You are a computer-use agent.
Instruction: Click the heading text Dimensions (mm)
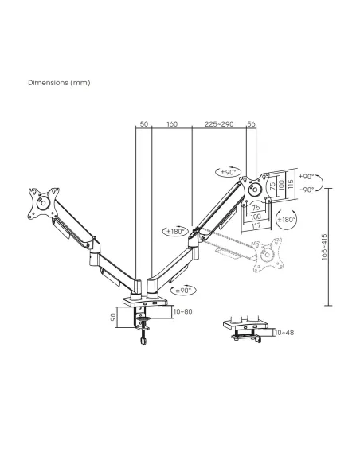point(59,83)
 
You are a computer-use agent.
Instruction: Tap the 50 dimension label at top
point(144,123)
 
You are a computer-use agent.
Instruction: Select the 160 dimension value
point(172,123)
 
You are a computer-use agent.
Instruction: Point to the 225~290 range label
point(219,123)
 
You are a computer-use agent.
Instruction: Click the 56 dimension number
point(251,123)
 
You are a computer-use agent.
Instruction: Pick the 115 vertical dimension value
point(291,184)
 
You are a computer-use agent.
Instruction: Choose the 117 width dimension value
point(256,225)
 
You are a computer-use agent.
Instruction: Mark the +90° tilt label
point(307,177)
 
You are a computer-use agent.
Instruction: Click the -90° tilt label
point(307,190)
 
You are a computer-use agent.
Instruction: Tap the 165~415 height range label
point(324,247)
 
